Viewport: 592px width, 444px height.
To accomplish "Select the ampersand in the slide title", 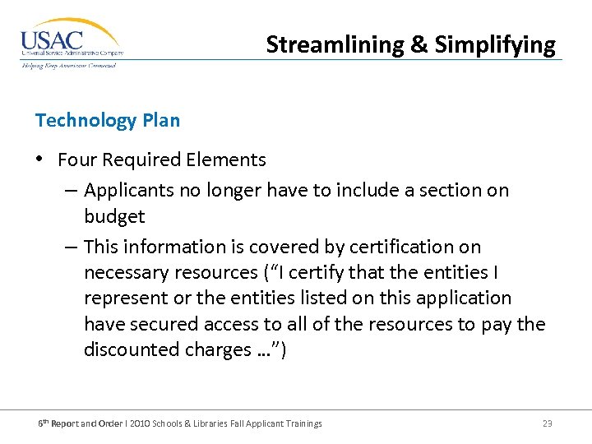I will [419, 44].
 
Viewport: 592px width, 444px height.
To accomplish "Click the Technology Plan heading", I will [108, 120].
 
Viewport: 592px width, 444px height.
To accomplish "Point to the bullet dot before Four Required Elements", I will [40, 160].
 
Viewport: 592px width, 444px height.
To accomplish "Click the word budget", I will [114, 217].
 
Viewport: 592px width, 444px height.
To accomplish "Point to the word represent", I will [123, 298].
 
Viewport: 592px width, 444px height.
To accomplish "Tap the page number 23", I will [547, 423].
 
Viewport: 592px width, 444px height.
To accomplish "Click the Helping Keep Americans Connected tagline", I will [69, 65].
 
